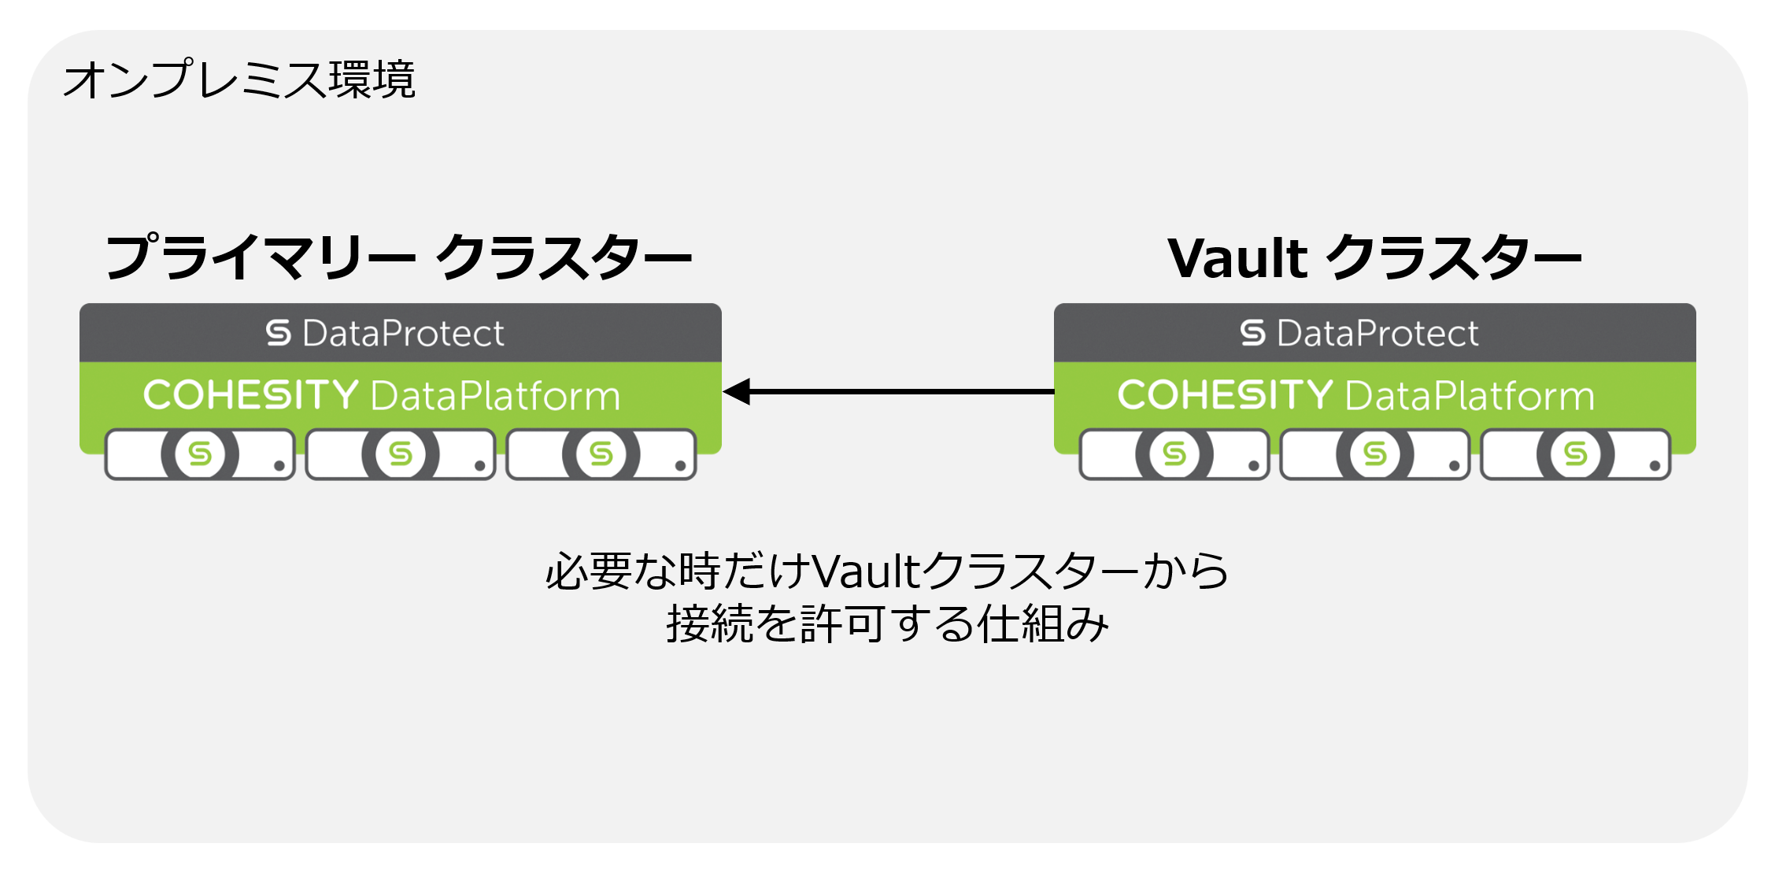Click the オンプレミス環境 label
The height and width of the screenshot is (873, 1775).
239,80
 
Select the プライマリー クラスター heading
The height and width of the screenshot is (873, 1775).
398,257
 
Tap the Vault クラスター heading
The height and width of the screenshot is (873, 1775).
1374,257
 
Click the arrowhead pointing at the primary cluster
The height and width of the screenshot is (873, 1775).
738,391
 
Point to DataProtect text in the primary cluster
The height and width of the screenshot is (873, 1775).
403,333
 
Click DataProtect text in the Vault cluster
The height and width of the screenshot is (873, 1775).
1377,333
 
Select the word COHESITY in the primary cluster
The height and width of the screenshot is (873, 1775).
250,394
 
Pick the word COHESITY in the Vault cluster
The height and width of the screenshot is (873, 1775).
1225,394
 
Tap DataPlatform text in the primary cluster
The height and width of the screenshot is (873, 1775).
496,396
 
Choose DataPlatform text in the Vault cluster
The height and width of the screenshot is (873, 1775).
1470,396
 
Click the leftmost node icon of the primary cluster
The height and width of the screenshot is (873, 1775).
200,454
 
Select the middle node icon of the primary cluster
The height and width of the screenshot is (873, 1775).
401,454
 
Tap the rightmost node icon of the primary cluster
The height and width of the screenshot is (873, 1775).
601,454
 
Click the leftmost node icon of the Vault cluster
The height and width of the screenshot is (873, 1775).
1174,454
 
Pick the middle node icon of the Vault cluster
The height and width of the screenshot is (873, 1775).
1375,454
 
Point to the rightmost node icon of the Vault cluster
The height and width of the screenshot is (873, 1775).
1576,454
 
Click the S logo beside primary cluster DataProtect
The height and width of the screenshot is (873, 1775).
279,333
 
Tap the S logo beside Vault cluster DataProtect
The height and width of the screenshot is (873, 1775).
1253,333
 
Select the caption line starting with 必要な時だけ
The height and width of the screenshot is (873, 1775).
887,571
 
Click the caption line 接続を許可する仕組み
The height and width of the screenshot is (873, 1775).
887,624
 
